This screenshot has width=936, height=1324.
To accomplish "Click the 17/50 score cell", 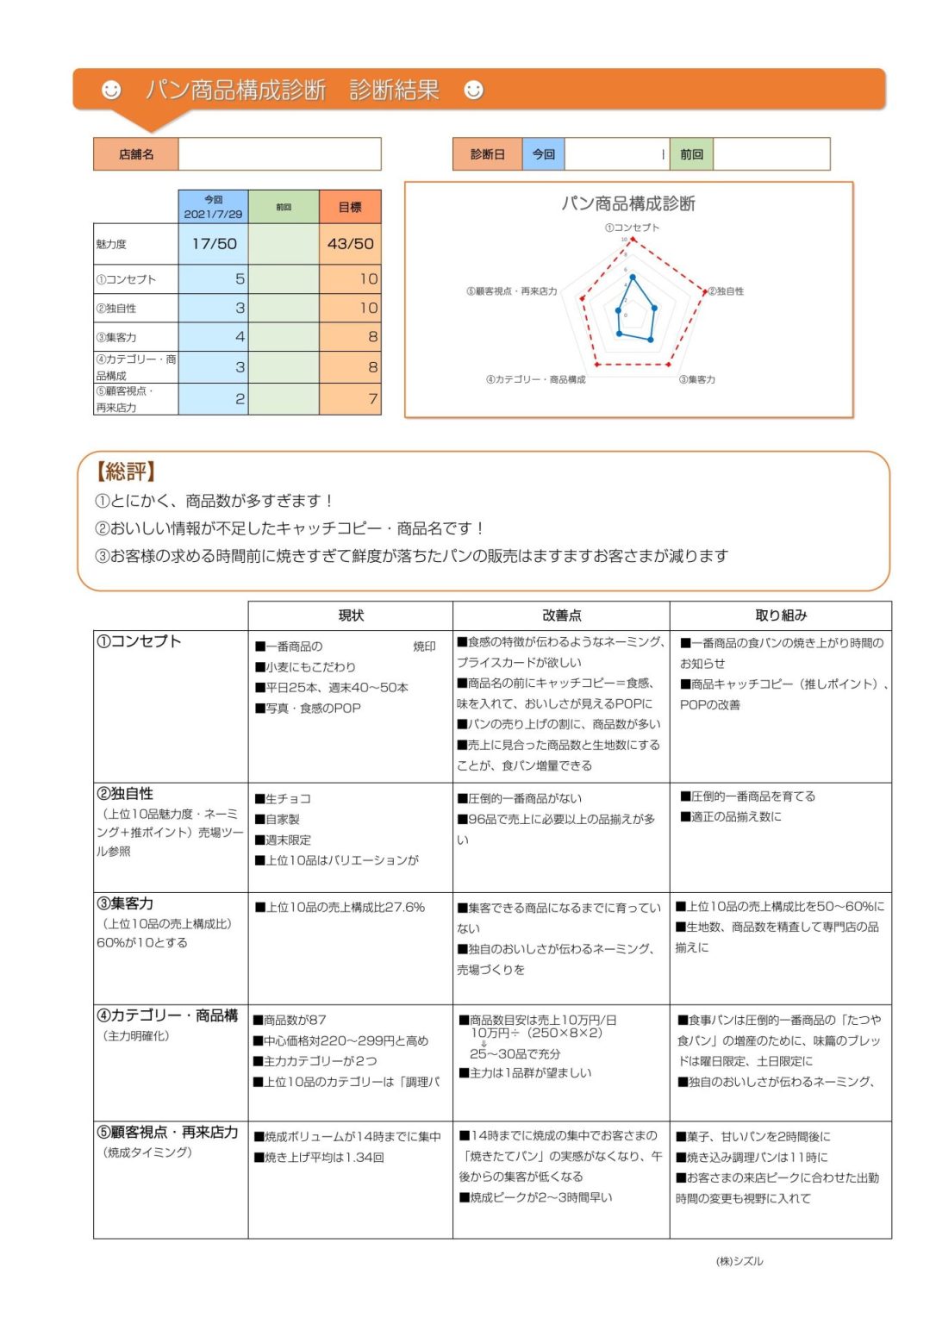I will click(214, 244).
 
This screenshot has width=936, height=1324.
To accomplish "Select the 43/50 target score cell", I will click(350, 244).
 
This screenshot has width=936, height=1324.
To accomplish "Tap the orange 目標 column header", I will click(350, 207).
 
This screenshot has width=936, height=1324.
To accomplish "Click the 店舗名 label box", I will click(136, 154).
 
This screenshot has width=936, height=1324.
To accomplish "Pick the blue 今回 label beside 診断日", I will click(543, 154).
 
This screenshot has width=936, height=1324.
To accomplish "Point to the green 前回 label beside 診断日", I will click(691, 154).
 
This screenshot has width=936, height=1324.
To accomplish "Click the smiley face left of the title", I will click(111, 90).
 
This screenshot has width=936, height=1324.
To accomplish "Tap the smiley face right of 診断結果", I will click(473, 90).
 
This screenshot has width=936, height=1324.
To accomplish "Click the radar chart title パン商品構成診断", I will click(628, 203).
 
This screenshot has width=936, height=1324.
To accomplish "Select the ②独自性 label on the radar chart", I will click(726, 291).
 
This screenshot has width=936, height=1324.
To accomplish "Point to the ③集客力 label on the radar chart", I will click(696, 379).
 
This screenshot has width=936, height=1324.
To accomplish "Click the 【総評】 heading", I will click(126, 472).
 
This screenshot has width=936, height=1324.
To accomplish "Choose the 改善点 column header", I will click(561, 615).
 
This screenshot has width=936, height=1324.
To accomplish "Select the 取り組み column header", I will click(781, 615).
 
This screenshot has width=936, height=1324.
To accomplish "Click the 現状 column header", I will click(351, 615).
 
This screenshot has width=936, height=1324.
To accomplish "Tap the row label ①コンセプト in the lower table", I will click(139, 641).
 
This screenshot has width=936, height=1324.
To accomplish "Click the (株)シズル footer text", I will click(739, 1261).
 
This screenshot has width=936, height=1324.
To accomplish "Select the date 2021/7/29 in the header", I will click(213, 214).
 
